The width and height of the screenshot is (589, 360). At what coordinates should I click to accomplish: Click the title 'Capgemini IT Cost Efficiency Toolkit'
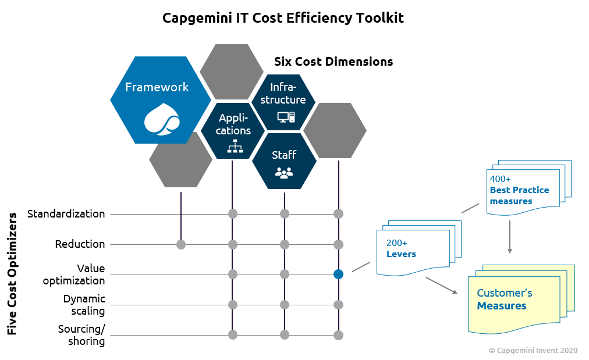point(283,18)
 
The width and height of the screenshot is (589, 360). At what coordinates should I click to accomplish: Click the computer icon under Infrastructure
point(286,117)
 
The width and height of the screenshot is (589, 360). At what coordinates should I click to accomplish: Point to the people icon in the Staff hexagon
point(283,172)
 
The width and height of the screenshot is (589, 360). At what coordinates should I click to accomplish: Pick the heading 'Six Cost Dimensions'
point(333,62)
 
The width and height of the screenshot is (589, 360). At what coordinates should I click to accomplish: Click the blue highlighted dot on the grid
point(339,275)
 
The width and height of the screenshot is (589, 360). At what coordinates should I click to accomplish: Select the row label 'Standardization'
point(66,213)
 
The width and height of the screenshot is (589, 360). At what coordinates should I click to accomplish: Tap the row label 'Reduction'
point(80,244)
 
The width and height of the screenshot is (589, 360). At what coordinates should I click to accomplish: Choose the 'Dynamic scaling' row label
point(84,305)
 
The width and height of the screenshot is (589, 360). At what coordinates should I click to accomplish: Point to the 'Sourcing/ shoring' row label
point(81,335)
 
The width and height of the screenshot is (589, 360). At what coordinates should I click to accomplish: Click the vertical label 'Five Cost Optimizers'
point(12,273)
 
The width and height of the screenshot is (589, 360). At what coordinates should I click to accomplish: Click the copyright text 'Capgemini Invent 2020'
point(533,350)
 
